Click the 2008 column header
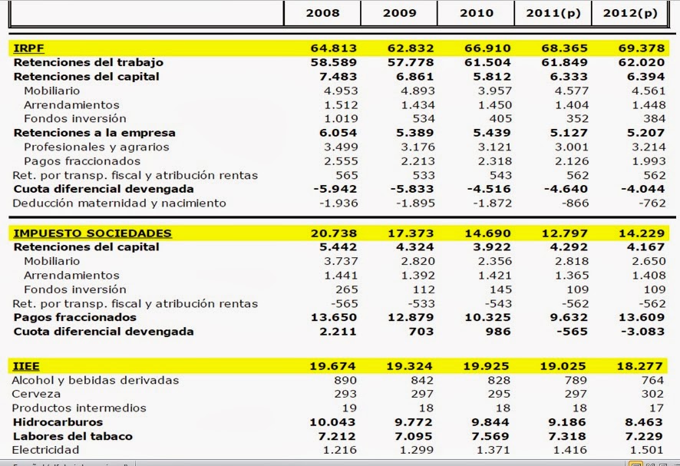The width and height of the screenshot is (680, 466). click(x=322, y=13)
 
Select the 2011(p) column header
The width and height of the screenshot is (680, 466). click(x=553, y=13)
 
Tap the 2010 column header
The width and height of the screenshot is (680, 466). click(x=476, y=13)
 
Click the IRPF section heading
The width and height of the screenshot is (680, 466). click(x=28, y=48)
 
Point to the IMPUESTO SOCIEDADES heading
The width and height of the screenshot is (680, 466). click(x=92, y=233)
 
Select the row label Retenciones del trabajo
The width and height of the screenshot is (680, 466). click(x=88, y=62)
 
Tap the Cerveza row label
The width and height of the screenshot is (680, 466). click(x=37, y=394)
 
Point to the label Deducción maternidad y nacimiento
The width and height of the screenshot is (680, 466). click(x=119, y=203)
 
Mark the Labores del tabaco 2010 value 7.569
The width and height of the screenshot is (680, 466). click(x=487, y=436)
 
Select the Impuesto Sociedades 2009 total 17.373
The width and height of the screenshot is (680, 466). click(x=410, y=233)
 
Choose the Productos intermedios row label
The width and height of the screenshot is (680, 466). click(x=78, y=408)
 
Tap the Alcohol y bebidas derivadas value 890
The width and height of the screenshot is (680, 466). click(x=345, y=380)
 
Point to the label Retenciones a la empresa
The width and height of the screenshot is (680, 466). click(x=94, y=133)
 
